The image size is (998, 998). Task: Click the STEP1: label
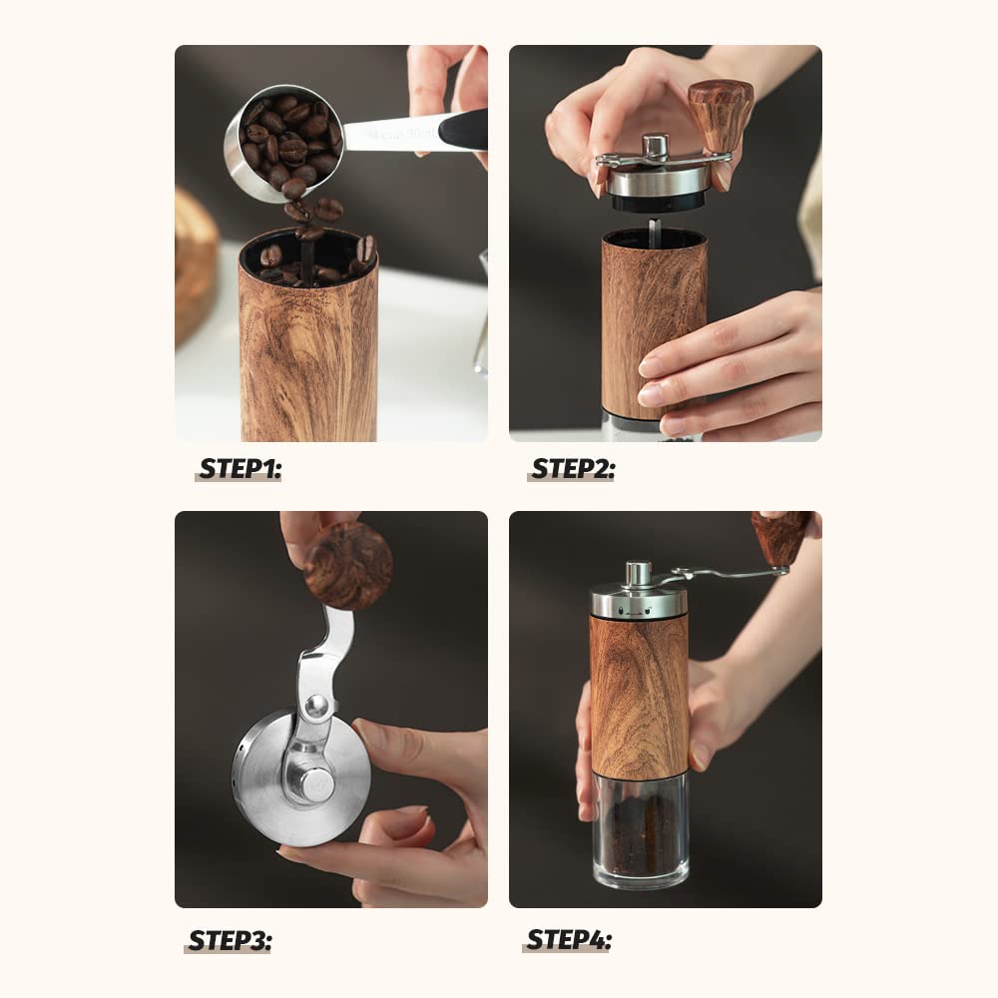pos(240,469)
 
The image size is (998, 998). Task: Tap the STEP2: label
pos(573,469)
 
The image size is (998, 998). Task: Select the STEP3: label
pos(230,940)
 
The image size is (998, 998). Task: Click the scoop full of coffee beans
pos(282,142)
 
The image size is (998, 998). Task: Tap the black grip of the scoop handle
pos(462,130)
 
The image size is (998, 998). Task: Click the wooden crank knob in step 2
pos(720,115)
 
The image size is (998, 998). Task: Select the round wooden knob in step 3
pos(348,565)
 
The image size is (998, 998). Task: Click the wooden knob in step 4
pos(780,536)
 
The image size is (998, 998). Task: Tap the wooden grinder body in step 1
pos(308,359)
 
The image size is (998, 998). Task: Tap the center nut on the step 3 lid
pos(317,784)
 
